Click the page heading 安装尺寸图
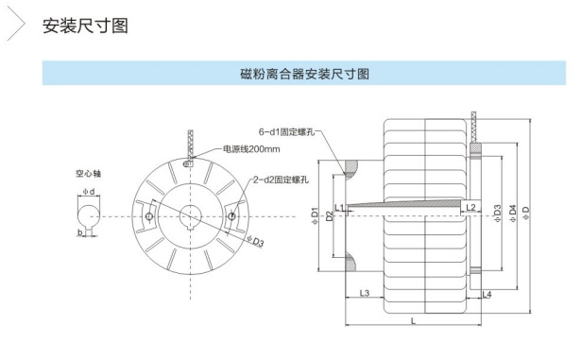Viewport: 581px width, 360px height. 85,26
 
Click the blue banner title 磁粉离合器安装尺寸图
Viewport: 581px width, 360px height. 304,74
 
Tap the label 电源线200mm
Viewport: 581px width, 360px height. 251,149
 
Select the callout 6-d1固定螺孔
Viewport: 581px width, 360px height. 286,132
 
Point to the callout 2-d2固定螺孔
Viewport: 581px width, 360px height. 281,180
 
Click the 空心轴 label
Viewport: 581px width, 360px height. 88,174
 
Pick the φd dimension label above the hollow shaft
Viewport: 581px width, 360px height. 89,192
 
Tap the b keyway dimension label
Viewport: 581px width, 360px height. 79,232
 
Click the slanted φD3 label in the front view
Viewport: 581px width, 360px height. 256,241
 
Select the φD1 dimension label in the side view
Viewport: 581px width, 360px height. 315,215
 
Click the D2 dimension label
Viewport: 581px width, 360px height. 329,215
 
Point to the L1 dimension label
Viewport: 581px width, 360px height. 339,208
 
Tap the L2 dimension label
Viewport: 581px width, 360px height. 470,208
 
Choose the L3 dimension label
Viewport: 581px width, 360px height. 365,293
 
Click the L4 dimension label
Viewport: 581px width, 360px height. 487,295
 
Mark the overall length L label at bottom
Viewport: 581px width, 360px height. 414,320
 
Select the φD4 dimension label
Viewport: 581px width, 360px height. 513,214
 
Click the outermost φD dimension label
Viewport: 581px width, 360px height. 526,214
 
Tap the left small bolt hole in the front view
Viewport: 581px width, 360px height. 149,216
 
